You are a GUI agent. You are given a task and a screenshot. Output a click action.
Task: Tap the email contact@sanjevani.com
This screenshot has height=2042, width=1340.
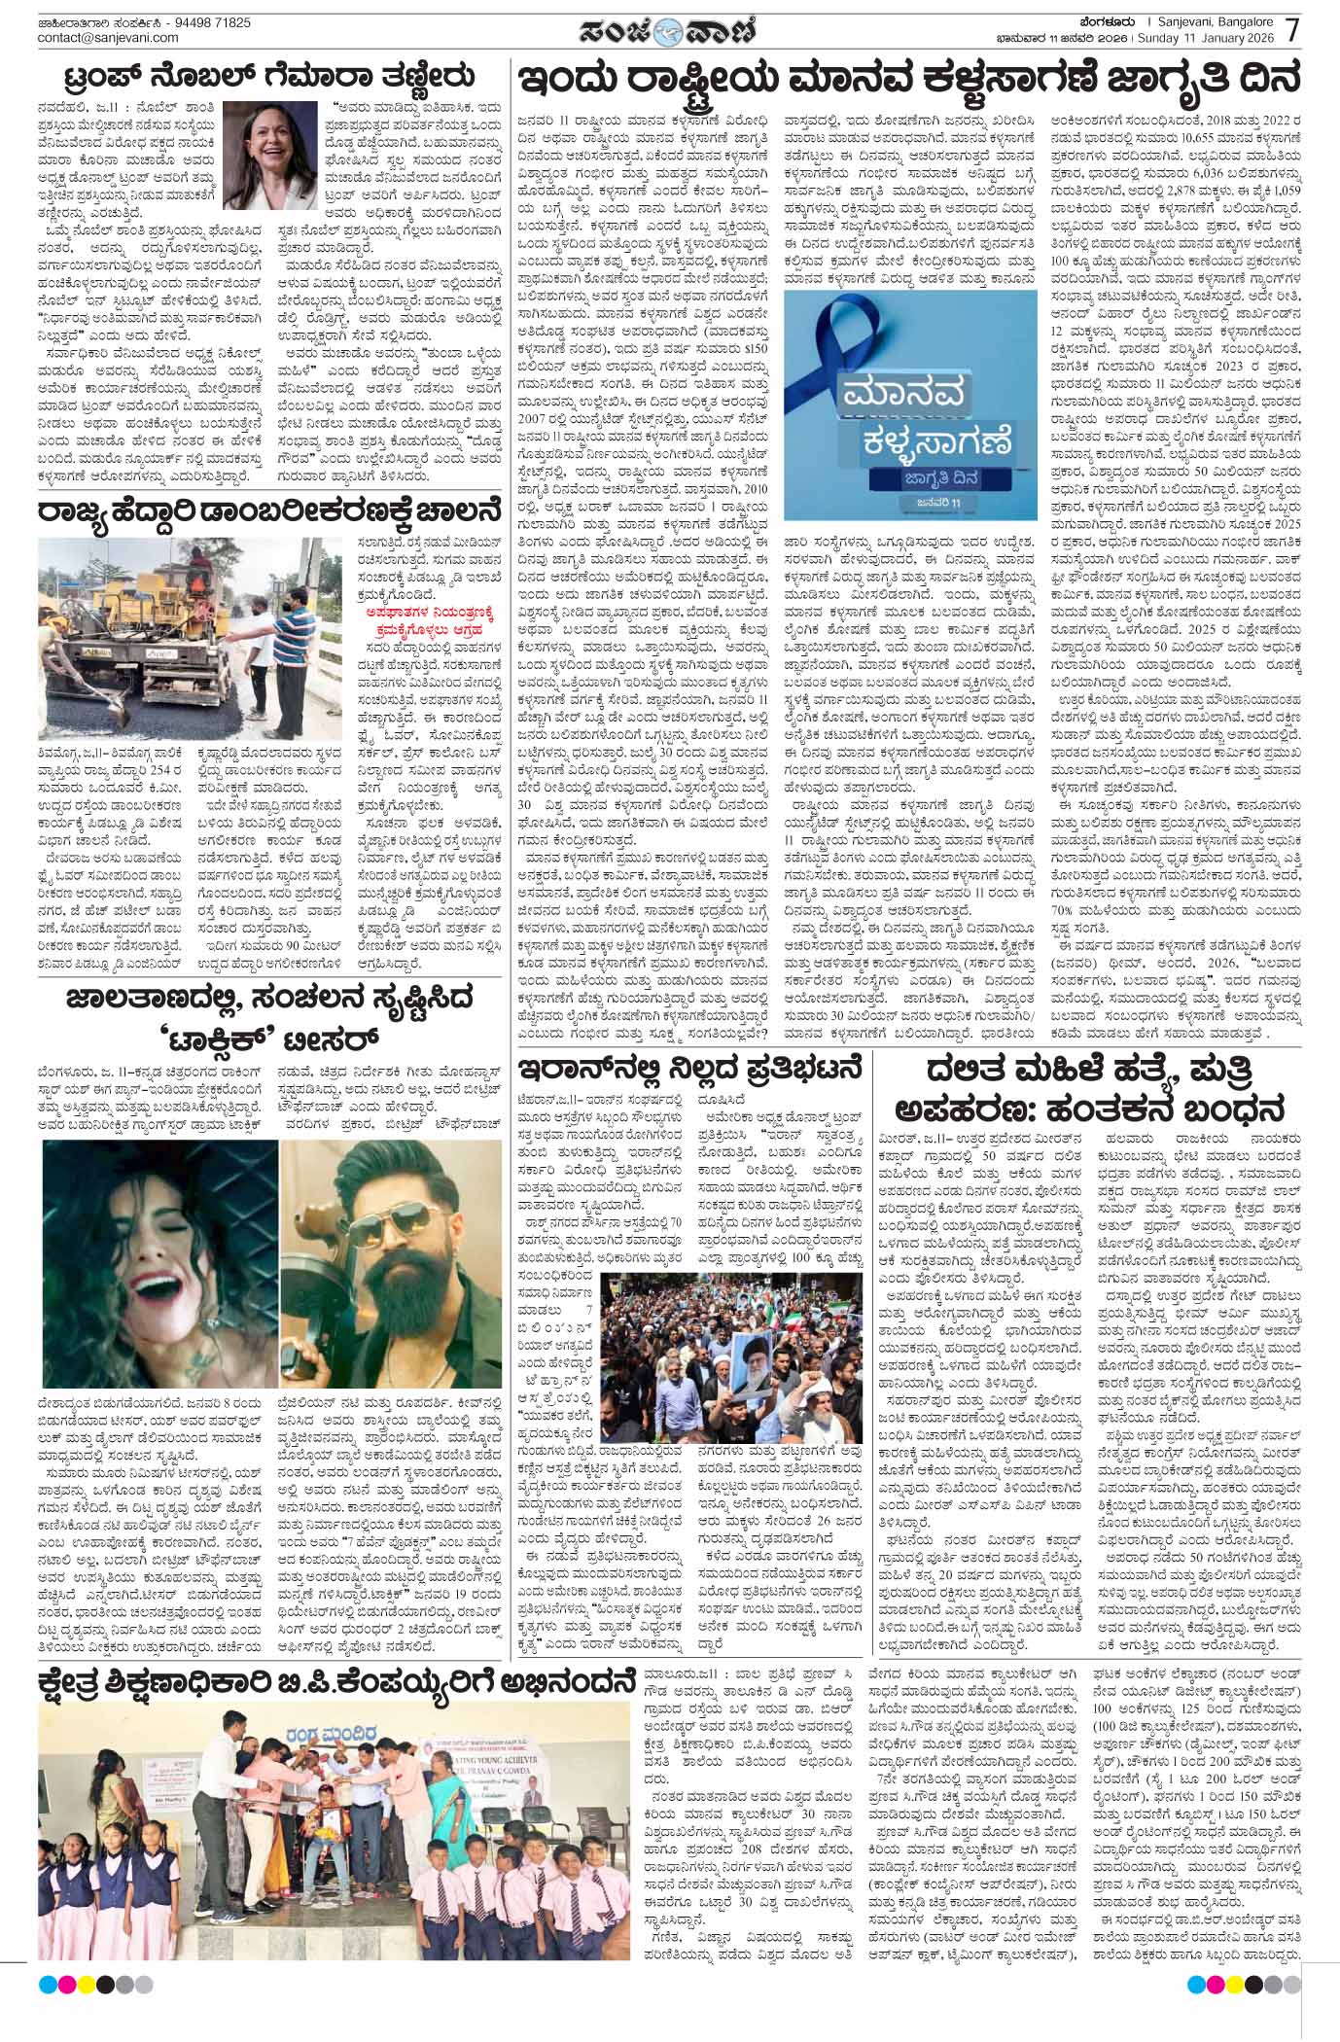(x=108, y=38)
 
